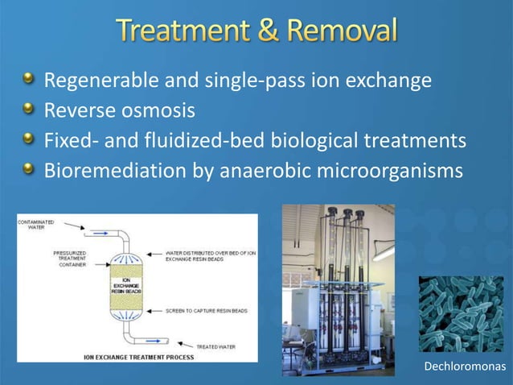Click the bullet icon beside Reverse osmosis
point(28,108)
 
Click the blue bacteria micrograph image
point(461,314)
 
